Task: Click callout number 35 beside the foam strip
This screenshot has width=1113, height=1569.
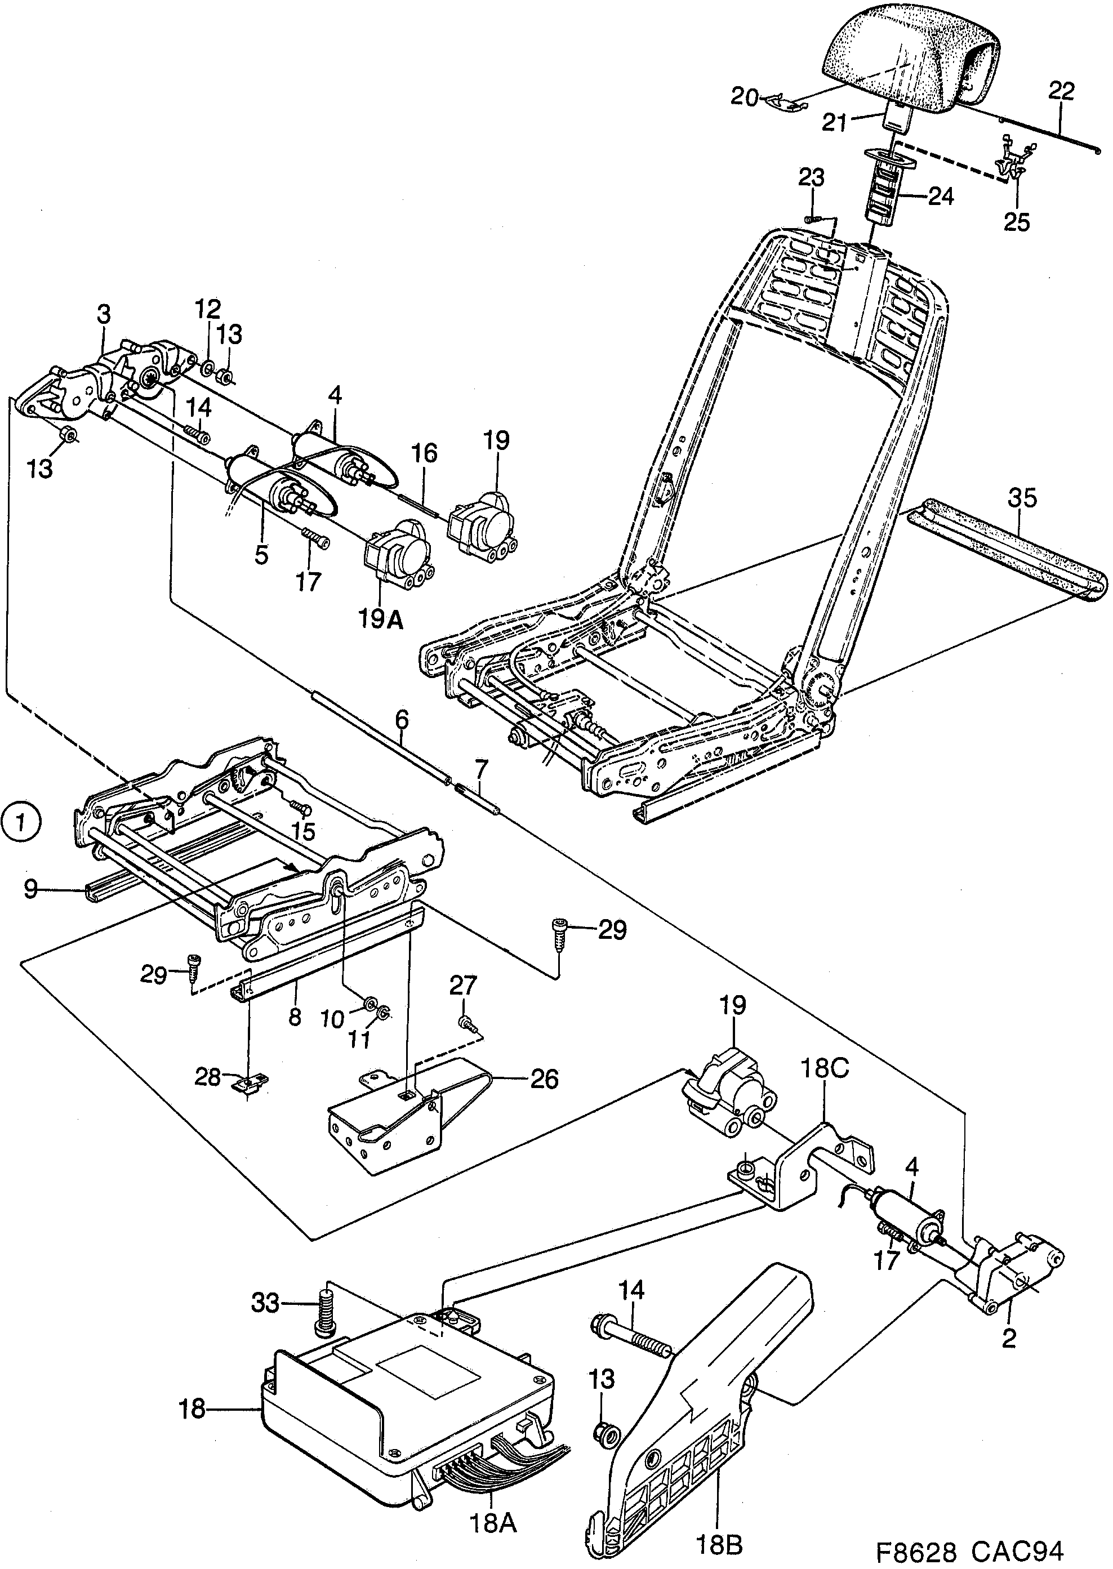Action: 1022,499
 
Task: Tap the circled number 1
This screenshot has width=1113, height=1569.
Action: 21,822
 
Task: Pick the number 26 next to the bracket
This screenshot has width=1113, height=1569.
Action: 544,1079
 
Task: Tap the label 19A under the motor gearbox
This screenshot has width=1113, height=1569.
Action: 381,620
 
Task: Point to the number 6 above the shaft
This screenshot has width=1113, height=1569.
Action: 402,719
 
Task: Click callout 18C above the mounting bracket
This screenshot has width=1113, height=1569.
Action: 825,1068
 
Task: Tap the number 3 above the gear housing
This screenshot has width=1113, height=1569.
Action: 103,314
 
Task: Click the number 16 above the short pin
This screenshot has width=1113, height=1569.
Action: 424,453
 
